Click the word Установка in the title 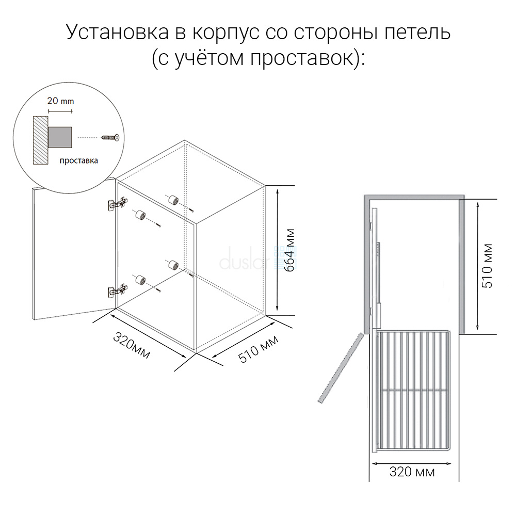118,31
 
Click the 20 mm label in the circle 60,101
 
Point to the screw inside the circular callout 110,137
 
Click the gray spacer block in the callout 60,137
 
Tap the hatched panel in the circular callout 40,140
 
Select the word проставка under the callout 78,160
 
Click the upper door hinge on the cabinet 118,204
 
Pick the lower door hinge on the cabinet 118,291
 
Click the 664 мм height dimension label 289,250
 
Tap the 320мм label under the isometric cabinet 132,345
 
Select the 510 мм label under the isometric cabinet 259,349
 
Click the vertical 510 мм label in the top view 487,266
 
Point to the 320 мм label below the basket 412,472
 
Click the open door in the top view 341,368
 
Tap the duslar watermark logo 258,259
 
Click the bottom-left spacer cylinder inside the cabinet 140,280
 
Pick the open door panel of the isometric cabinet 74,249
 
